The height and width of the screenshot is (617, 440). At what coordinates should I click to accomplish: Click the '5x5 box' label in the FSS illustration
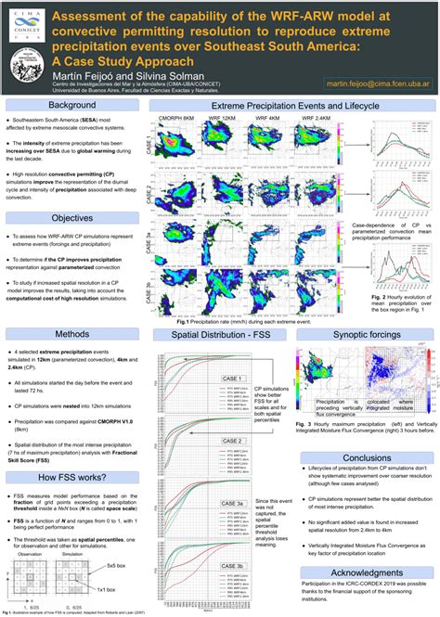point(115,563)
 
